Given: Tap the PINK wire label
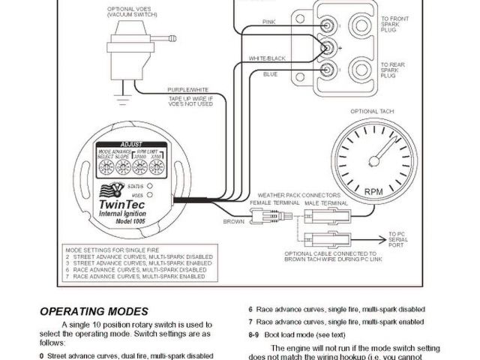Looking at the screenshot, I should point(268,22).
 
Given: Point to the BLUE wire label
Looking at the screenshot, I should point(270,74).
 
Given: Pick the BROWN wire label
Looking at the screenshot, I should point(234,222).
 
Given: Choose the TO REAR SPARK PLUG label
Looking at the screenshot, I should point(394,70).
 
